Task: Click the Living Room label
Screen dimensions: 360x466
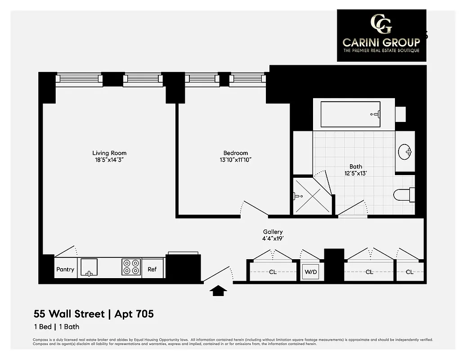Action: coord(109,153)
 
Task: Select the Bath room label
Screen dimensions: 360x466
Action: coord(355,166)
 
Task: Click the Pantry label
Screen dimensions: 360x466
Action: coord(65,270)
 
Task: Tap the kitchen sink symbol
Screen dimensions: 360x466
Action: coord(88,267)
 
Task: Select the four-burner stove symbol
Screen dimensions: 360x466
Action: coord(131,267)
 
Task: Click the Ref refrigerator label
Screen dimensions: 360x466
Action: coord(152,270)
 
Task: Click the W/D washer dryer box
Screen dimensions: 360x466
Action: coord(311,272)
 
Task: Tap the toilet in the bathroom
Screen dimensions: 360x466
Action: coord(403,195)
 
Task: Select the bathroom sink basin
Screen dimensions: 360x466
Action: coord(405,152)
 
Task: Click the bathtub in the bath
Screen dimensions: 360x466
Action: coord(351,115)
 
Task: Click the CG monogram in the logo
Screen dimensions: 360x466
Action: coord(381,24)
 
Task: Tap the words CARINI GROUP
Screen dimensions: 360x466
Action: coord(381,42)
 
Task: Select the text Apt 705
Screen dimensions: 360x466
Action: coord(134,314)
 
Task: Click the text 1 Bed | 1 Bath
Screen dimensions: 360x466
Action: coord(57,327)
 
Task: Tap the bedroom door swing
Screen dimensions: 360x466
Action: coord(254,207)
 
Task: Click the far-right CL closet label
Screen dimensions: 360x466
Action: coord(409,272)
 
